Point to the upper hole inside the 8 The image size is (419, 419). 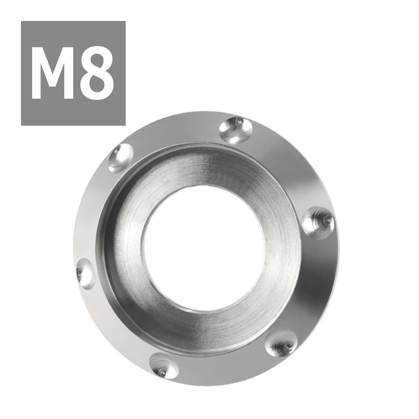pos(97,61)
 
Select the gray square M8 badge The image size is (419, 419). pos(73,73)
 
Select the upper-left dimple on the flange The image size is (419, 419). pos(121,158)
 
